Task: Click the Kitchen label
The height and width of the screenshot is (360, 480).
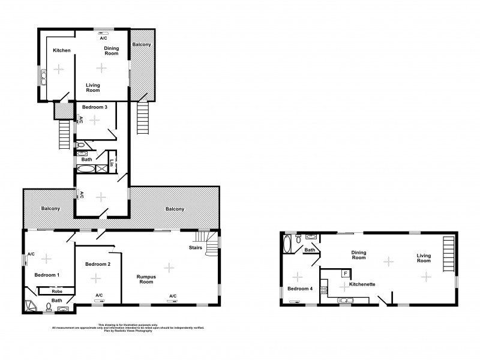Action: (61, 50)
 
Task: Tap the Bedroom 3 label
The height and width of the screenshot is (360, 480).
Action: (94, 107)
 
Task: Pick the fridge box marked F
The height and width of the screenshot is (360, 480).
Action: (346, 274)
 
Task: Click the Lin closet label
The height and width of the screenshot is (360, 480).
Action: (112, 162)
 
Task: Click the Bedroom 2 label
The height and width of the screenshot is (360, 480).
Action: (98, 264)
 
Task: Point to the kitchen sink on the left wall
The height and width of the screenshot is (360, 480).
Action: (43, 77)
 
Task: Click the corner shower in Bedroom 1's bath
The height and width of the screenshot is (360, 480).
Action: (30, 307)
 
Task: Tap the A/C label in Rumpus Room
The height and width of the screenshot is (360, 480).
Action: (172, 296)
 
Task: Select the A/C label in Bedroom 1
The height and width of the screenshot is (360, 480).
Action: (31, 254)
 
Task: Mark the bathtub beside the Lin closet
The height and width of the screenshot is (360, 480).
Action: (86, 170)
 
